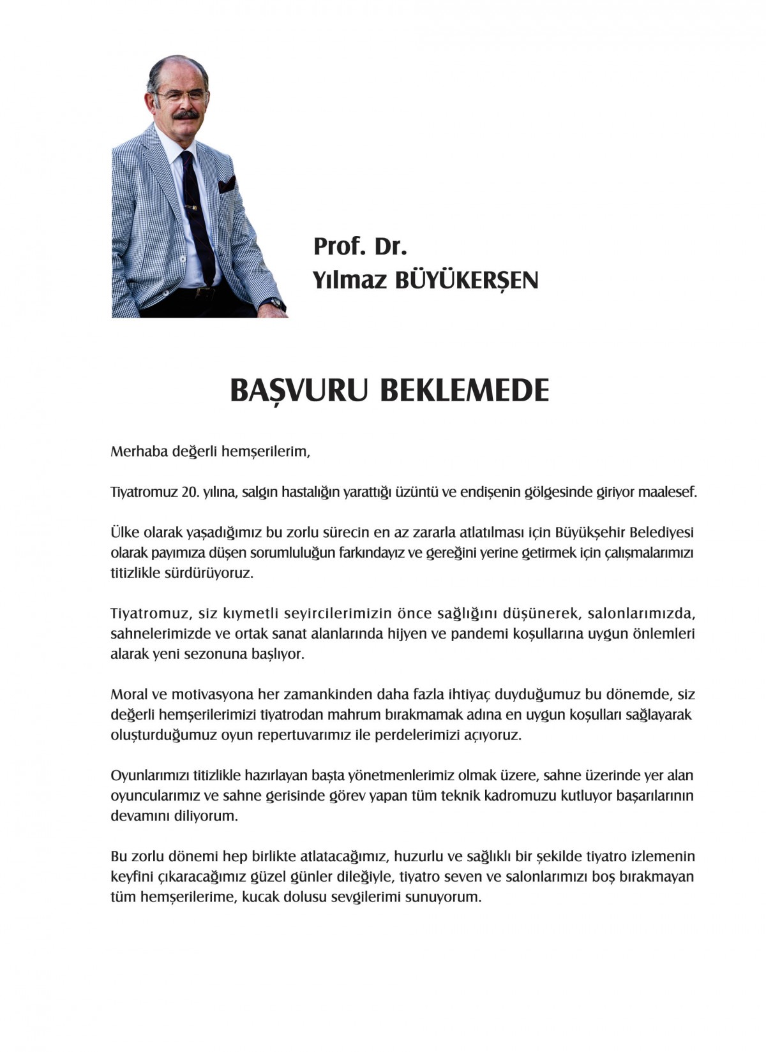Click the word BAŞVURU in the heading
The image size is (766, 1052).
coord(298,390)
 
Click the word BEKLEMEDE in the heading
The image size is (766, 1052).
coord(464,390)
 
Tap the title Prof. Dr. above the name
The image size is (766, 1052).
coord(360,246)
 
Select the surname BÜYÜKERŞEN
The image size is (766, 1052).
coord(467,280)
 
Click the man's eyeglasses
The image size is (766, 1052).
coord(182,96)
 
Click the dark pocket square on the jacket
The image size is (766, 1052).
coord(227,186)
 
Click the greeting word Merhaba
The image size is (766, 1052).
coord(138,452)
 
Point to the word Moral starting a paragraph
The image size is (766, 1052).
coord(129,694)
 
